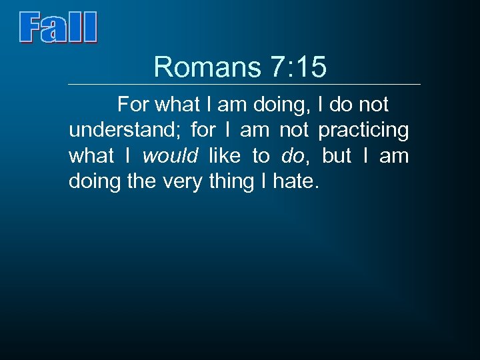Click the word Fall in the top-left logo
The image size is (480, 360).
[x=58, y=28]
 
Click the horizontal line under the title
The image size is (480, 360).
[x=245, y=85]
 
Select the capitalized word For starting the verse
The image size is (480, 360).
[x=133, y=105]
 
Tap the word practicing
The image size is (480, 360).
[x=363, y=130]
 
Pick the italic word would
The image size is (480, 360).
[x=171, y=156]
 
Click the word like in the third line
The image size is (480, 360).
[x=225, y=156]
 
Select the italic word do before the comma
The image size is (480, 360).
[x=292, y=156]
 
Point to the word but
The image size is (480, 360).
[x=337, y=156]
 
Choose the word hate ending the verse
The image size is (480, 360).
[x=294, y=181]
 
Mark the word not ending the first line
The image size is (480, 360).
[x=374, y=105]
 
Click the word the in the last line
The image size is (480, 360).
[x=141, y=181]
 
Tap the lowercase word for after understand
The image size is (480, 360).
[x=203, y=130]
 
